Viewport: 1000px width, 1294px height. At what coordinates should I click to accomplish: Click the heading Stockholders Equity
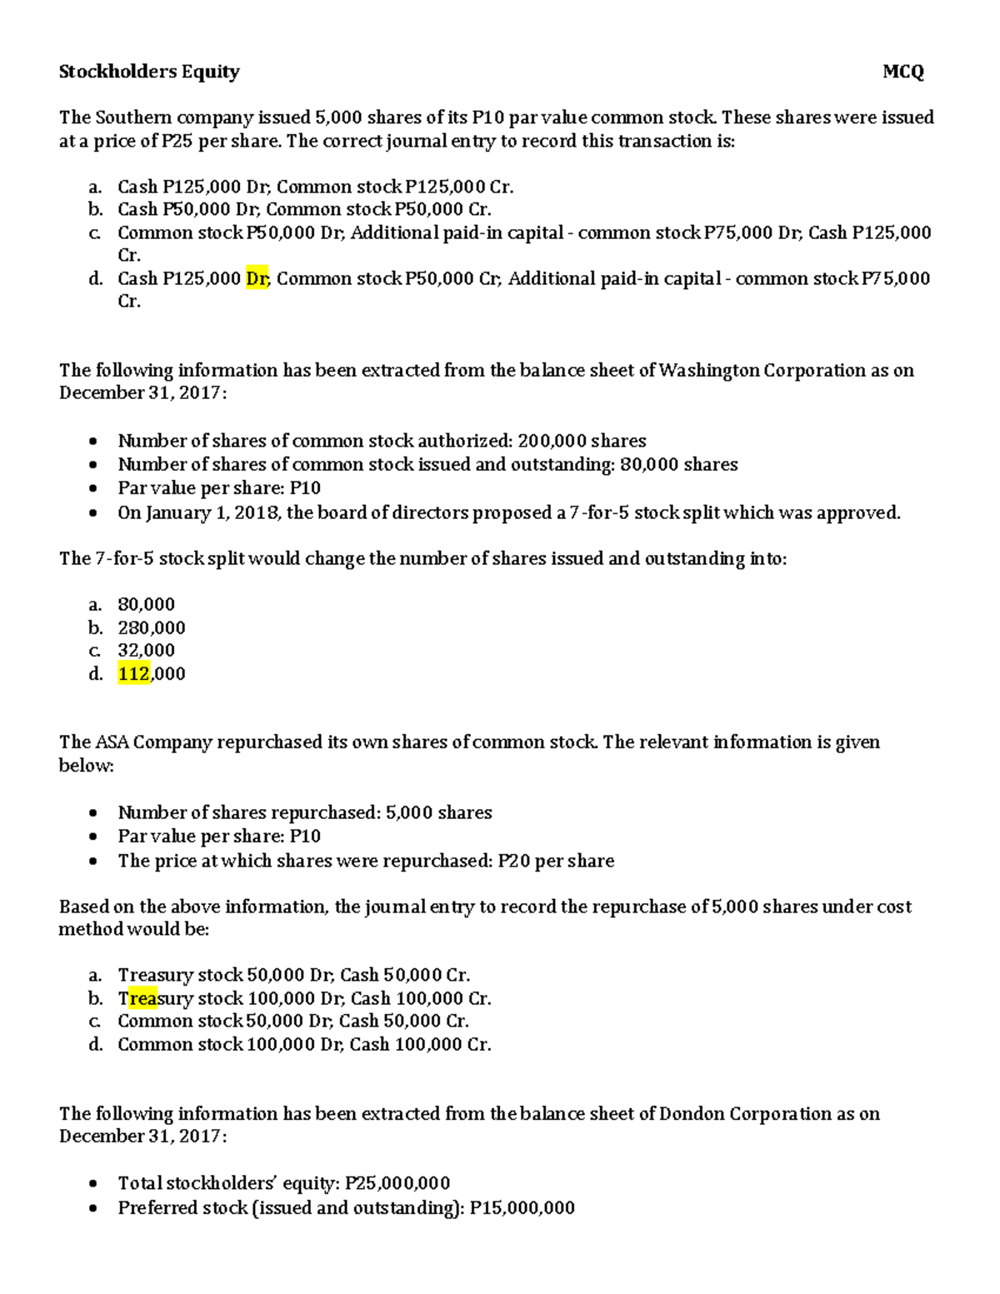pos(149,72)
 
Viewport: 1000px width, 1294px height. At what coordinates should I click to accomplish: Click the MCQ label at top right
pos(903,72)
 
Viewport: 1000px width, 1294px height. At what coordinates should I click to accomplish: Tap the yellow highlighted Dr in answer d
pos(257,278)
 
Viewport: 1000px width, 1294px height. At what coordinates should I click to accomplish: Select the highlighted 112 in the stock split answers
pos(133,673)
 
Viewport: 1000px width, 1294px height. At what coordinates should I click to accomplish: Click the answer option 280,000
pos(151,627)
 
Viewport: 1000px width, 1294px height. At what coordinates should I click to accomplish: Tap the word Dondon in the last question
pos(691,1114)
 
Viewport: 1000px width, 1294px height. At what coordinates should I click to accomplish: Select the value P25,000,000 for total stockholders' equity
pos(397,1183)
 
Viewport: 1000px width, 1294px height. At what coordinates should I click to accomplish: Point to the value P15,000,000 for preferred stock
pos(522,1207)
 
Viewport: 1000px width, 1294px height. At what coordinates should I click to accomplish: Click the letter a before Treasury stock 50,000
pos(95,976)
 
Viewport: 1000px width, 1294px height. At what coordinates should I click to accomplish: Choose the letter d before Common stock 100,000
pos(95,1045)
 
